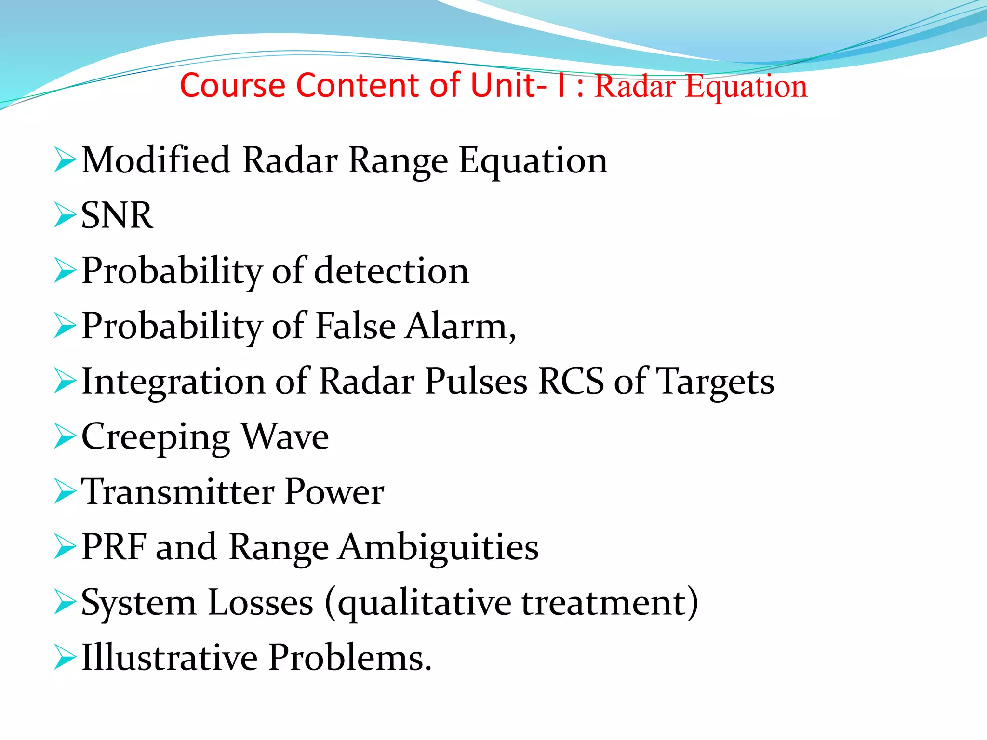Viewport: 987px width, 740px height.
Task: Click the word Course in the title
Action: click(x=233, y=86)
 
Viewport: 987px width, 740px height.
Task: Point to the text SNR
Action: click(x=117, y=215)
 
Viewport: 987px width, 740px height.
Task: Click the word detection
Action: click(x=391, y=271)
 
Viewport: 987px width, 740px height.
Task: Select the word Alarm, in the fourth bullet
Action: click(x=460, y=326)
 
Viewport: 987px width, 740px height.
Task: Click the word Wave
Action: click(x=285, y=436)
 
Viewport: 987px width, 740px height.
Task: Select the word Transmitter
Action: click(x=177, y=492)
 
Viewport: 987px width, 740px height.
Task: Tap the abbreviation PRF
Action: click(x=114, y=547)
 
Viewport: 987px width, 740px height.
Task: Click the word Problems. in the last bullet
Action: click(x=350, y=658)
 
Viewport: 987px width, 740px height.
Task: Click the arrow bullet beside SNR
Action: click(x=65, y=215)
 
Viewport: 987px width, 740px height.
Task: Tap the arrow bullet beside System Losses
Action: click(x=65, y=602)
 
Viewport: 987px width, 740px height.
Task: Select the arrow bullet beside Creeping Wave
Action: click(x=65, y=436)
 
